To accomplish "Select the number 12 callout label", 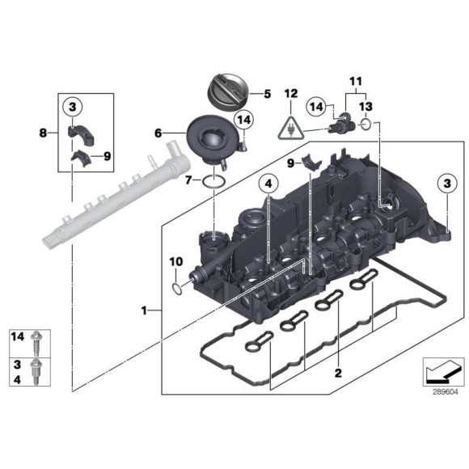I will (x=290, y=95).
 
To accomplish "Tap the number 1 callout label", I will (x=144, y=310).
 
